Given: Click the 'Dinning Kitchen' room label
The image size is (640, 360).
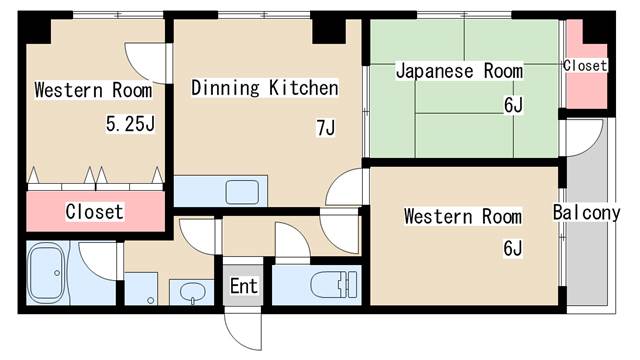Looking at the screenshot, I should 264,89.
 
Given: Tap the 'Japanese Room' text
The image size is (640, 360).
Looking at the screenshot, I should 459,71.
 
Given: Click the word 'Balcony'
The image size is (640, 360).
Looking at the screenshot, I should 586,213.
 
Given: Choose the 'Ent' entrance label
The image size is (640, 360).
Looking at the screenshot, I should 244,287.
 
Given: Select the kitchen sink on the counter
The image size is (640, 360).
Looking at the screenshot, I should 240,191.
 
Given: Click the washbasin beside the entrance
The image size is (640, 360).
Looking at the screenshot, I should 192,292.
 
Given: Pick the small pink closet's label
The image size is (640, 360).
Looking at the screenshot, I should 585,65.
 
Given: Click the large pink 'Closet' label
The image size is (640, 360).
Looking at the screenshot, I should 94,212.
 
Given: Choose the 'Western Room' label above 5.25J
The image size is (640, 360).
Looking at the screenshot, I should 93,91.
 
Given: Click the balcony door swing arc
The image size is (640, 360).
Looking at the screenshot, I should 585,137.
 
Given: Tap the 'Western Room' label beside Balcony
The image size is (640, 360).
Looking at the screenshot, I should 462,216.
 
